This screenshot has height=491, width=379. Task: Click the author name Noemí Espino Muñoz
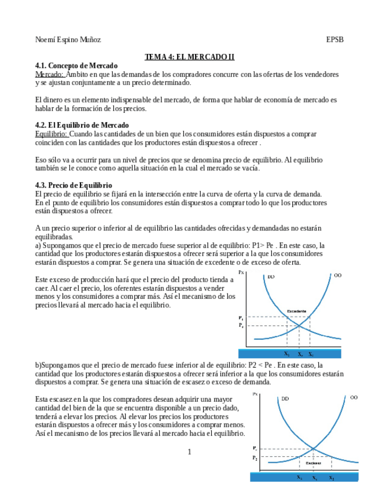click(x=68, y=40)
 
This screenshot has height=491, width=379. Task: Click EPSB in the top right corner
click(x=334, y=40)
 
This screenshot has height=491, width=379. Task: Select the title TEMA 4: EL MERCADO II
click(x=189, y=57)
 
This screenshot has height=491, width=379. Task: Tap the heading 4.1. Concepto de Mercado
click(x=76, y=65)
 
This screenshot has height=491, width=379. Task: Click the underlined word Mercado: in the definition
click(x=50, y=74)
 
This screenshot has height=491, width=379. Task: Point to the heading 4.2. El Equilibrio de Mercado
click(x=82, y=125)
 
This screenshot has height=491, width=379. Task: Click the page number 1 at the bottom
click(x=189, y=452)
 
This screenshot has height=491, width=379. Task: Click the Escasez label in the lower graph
click(x=314, y=463)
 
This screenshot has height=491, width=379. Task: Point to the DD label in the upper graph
click(x=271, y=277)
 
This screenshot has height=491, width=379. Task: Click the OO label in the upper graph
click(x=338, y=276)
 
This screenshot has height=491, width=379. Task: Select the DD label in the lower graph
click(x=285, y=398)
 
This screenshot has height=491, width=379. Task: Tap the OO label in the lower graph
click(x=354, y=398)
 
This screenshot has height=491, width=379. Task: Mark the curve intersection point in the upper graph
click(x=299, y=325)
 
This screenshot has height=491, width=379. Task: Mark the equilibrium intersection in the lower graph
click(x=314, y=449)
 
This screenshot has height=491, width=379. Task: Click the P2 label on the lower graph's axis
click(x=255, y=458)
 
